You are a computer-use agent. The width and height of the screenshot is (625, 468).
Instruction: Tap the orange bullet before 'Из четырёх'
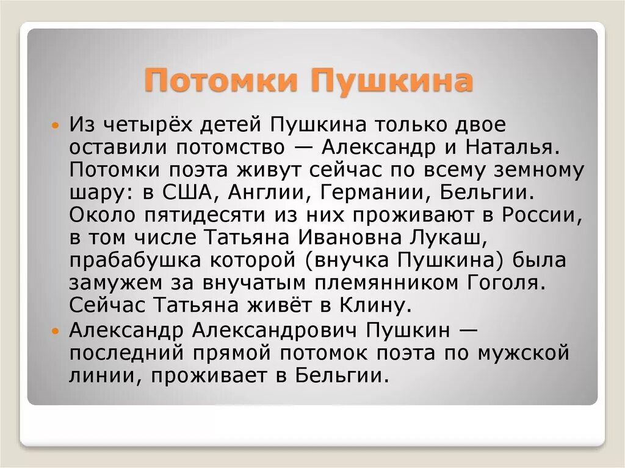coord(56,125)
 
